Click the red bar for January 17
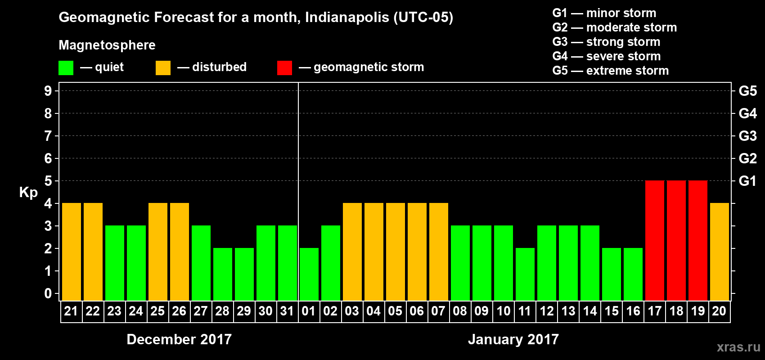655,240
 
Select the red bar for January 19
698,240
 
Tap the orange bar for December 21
72,252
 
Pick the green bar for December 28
223,274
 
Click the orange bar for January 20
720,252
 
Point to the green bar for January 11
525,274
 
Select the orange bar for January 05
396,252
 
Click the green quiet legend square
66,68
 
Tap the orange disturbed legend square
163,68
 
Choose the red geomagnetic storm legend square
284,68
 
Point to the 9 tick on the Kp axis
48,91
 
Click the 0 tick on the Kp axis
48,294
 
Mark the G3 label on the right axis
747,136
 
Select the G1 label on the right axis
747,181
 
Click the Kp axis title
28,193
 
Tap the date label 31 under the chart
287,311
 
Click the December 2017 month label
179,339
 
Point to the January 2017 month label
513,339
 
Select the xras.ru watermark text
738,347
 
